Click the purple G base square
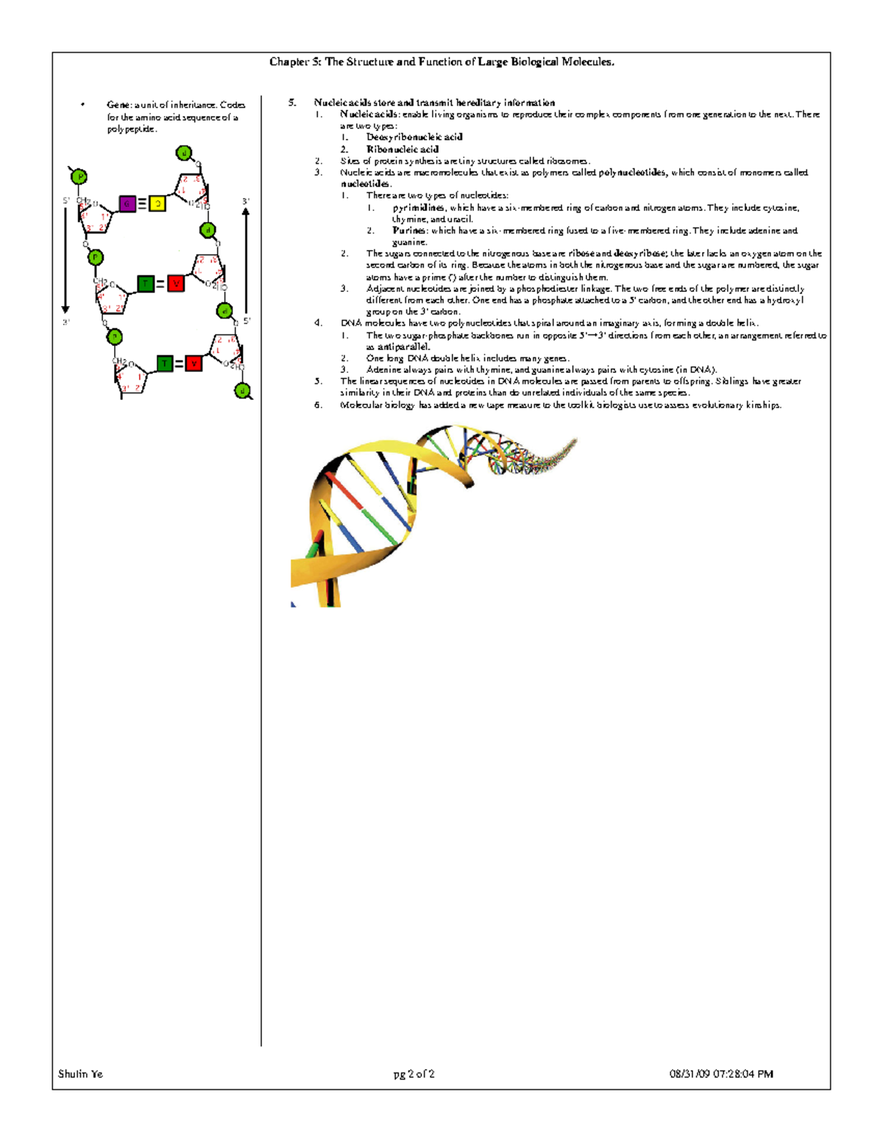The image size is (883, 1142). point(127,204)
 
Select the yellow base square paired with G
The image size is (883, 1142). point(157,204)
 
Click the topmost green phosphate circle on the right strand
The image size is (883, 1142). point(184,153)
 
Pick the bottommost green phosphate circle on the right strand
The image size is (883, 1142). point(242,390)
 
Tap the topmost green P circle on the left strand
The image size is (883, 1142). point(79,176)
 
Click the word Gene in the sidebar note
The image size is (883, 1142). point(118,105)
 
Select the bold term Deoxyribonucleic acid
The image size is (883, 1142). point(414,137)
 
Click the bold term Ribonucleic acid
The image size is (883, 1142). point(402,149)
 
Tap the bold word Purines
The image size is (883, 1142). point(409,230)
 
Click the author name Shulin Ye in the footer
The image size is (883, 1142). point(80,1074)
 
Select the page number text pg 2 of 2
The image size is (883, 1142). point(414,1074)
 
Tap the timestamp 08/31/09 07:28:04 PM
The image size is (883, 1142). point(720,1074)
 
